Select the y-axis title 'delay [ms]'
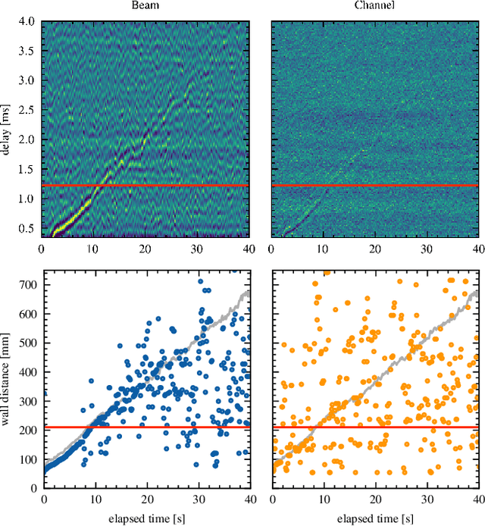(x=7, y=129)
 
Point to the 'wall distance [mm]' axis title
(x=7, y=379)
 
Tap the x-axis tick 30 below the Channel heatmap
(x=427, y=249)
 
